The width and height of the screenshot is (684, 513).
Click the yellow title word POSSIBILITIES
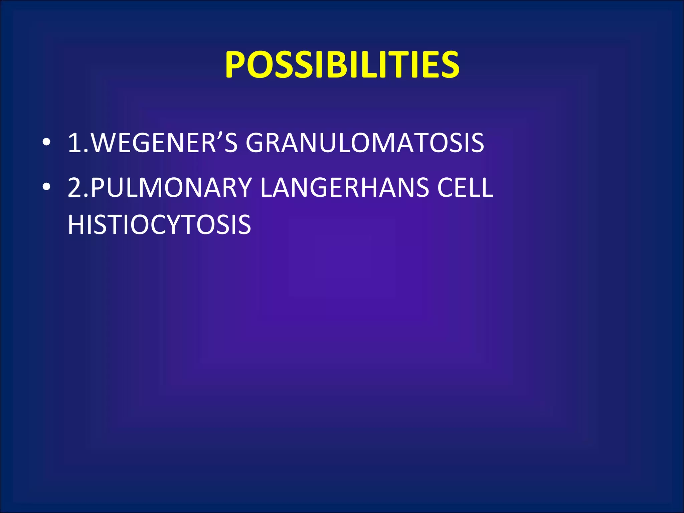tap(342, 65)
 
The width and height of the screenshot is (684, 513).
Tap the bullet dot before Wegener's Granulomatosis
tap(46, 143)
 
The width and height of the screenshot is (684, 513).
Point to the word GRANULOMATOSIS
tap(365, 143)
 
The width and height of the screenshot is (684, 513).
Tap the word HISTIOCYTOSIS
tap(159, 224)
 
